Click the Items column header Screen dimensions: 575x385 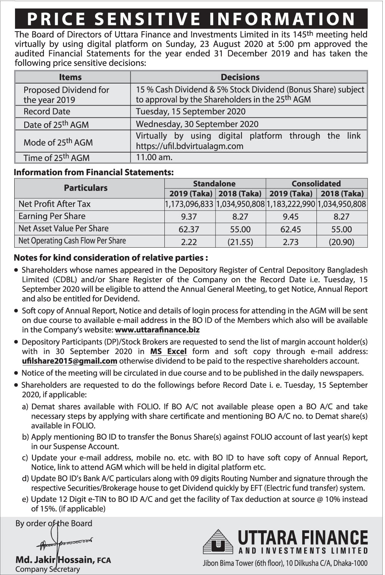coord(70,77)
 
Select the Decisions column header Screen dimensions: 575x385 coord(240,77)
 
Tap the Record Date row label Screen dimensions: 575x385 coord(47,112)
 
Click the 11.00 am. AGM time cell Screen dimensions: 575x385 coord(154,157)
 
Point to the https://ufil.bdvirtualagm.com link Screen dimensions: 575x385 coord(189,146)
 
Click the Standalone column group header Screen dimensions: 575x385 coord(214,184)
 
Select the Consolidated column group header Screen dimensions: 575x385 coord(316,184)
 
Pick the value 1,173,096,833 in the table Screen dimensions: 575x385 coord(189,204)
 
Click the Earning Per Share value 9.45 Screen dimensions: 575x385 coord(290,217)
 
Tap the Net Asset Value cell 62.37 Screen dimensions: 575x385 coord(189,229)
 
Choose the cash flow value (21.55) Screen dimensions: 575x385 coord(240,242)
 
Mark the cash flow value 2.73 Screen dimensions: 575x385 coord(290,242)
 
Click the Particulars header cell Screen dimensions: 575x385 coord(85,188)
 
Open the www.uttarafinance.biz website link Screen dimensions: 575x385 coord(157,330)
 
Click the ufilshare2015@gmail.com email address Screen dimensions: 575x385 coord(70,361)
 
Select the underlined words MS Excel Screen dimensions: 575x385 coord(169,351)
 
